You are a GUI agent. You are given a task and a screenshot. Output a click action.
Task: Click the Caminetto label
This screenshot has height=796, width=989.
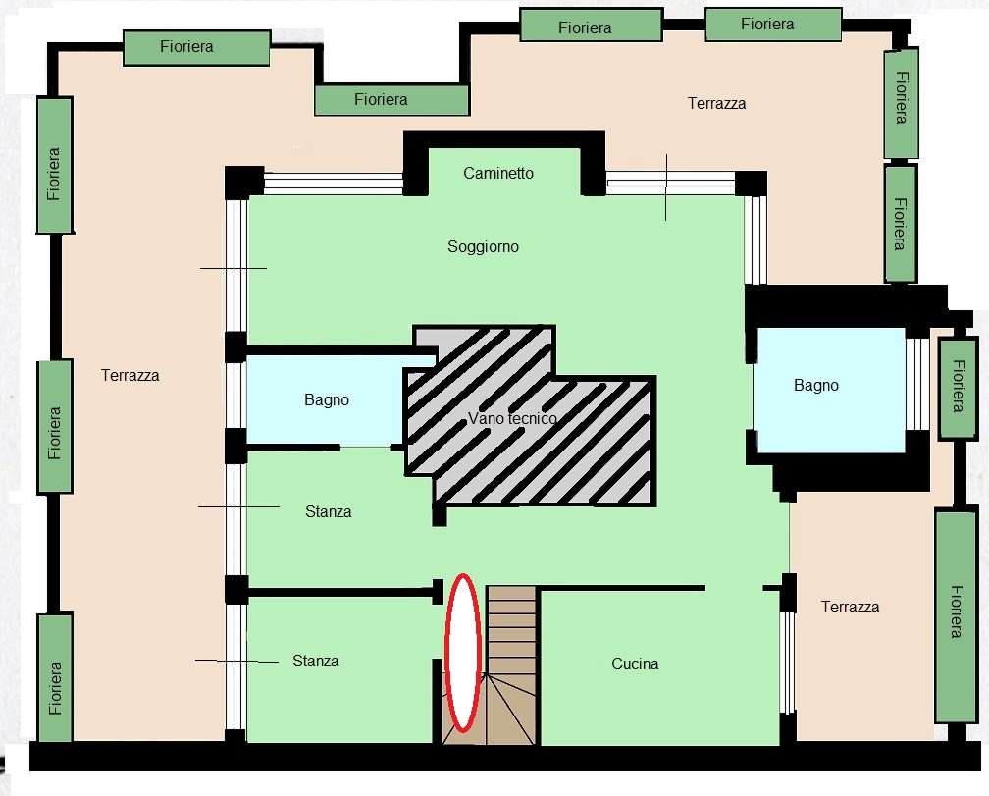pyautogui.click(x=498, y=173)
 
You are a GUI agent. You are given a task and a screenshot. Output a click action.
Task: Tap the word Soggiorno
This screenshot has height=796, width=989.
pyautogui.click(x=483, y=246)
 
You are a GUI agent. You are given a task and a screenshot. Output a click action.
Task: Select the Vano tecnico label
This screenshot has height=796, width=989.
pyautogui.click(x=512, y=418)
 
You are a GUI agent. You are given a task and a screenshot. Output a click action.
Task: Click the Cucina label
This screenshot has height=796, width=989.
pyautogui.click(x=635, y=663)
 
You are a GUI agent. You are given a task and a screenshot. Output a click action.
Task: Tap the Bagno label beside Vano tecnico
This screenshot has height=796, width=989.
pyautogui.click(x=327, y=399)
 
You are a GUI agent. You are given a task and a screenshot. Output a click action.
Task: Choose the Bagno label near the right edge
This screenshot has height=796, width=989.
pyautogui.click(x=816, y=386)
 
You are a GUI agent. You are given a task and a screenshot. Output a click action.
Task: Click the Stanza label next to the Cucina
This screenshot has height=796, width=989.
pyautogui.click(x=315, y=661)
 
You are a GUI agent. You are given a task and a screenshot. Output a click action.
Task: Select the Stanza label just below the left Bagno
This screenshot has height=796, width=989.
pyautogui.click(x=328, y=511)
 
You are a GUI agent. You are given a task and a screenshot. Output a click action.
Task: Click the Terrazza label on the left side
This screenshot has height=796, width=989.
pyautogui.click(x=130, y=375)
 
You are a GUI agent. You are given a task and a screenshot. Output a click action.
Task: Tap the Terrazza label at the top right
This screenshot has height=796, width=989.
pyautogui.click(x=716, y=103)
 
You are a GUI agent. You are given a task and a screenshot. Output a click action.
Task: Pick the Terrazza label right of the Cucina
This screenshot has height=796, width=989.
pyautogui.click(x=851, y=607)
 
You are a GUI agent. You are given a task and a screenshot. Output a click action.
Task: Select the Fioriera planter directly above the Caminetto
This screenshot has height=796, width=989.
pyautogui.click(x=391, y=100)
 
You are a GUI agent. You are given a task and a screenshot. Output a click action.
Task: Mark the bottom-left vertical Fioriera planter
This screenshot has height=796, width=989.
pyautogui.click(x=56, y=678)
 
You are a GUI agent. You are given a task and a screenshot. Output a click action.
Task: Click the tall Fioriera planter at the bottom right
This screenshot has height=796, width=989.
pyautogui.click(x=956, y=616)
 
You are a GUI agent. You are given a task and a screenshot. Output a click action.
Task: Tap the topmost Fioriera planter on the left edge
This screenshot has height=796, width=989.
pyautogui.click(x=55, y=165)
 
